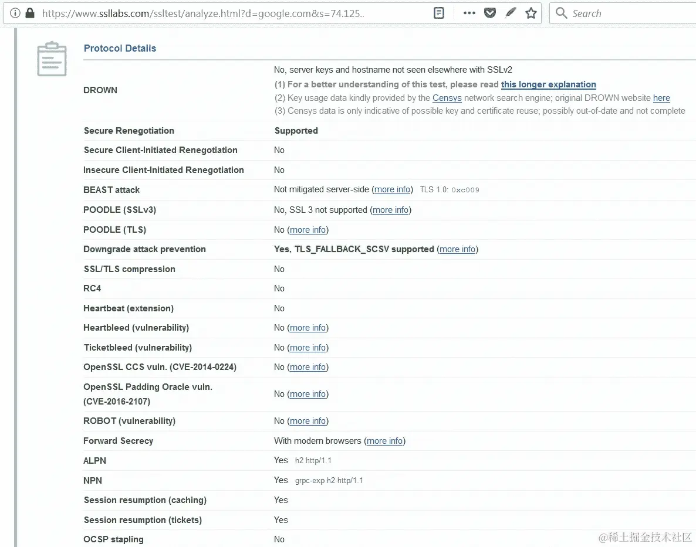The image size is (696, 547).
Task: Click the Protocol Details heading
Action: [120, 48]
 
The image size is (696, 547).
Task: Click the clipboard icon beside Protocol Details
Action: [52, 59]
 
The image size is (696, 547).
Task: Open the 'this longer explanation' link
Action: [548, 84]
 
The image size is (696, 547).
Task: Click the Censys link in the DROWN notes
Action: [447, 98]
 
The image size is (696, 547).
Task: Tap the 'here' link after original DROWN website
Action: [661, 98]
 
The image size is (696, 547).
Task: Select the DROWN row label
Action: [100, 90]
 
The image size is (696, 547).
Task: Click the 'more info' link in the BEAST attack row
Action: [393, 189]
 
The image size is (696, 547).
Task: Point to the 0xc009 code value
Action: [465, 190]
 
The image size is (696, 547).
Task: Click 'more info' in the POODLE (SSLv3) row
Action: [390, 210]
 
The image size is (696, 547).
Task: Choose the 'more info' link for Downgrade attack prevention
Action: [457, 249]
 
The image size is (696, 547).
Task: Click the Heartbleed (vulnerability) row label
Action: [136, 328]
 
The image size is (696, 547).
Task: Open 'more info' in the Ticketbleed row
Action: [308, 348]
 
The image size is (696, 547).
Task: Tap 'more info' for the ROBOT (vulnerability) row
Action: [308, 421]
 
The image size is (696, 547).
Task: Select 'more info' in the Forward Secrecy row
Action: [384, 441]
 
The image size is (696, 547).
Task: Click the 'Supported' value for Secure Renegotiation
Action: [296, 131]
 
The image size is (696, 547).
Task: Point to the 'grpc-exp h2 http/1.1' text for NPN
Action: [329, 481]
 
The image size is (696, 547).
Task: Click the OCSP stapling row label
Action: [113, 539]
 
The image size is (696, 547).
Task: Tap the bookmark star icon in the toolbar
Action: [531, 13]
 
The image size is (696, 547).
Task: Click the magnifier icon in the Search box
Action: [561, 13]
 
